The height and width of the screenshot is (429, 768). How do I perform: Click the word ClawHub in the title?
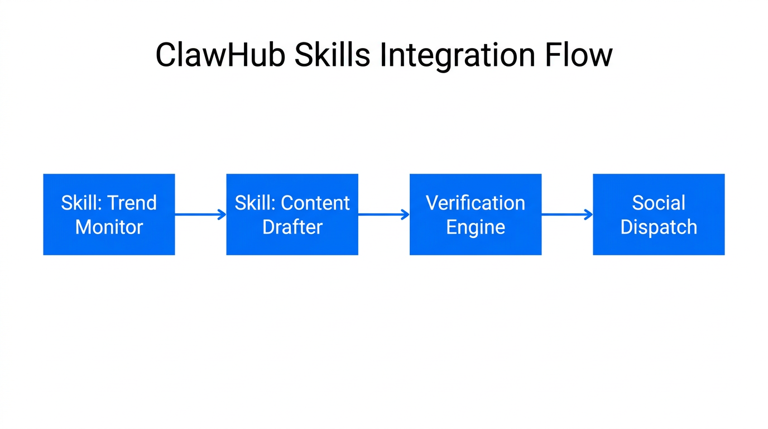point(220,55)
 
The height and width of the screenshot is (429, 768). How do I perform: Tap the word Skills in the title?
point(332,55)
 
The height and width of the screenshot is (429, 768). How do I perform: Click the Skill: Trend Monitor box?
point(109,214)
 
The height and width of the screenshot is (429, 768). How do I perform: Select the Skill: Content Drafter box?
point(292,214)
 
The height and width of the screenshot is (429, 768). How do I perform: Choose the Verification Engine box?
point(476,214)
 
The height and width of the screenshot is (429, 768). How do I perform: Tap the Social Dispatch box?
point(659,214)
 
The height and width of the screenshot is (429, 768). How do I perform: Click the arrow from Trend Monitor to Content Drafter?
point(200,214)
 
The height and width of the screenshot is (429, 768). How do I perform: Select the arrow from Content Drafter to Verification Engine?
point(383,214)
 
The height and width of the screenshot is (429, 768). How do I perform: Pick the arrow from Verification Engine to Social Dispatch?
point(567,214)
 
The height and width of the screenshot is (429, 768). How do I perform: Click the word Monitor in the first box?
point(109,227)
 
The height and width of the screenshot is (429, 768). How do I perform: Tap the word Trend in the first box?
point(132,203)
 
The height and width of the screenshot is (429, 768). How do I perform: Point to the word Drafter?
point(292,227)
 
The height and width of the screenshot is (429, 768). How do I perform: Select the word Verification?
point(476,203)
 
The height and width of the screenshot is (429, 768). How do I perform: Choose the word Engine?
point(476,227)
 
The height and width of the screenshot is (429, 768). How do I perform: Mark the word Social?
point(659,203)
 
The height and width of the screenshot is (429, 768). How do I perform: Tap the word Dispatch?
point(659,227)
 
